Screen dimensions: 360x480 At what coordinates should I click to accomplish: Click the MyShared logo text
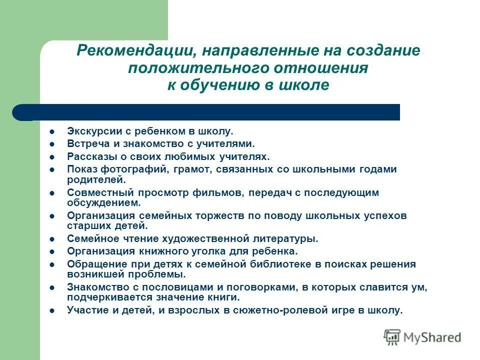coord(432,337)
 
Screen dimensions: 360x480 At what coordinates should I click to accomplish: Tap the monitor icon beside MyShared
coord(392,337)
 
